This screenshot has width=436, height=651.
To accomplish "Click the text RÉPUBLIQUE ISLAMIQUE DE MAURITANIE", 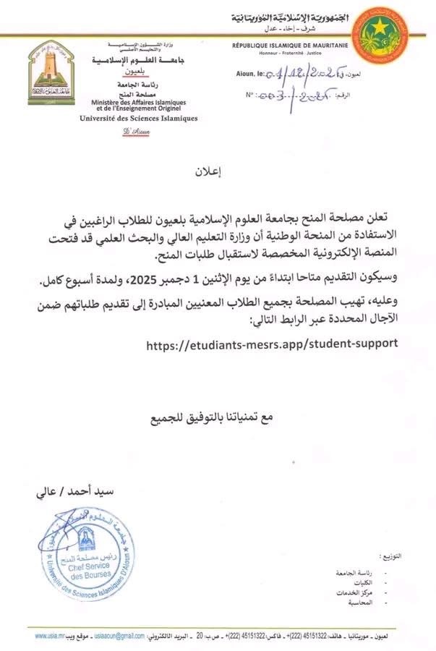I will click(x=290, y=46).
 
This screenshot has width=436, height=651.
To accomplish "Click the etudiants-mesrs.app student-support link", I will click(x=272, y=344).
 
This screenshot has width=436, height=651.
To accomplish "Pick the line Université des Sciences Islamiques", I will click(x=128, y=118).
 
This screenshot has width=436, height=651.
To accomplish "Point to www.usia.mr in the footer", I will click(x=51, y=634).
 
